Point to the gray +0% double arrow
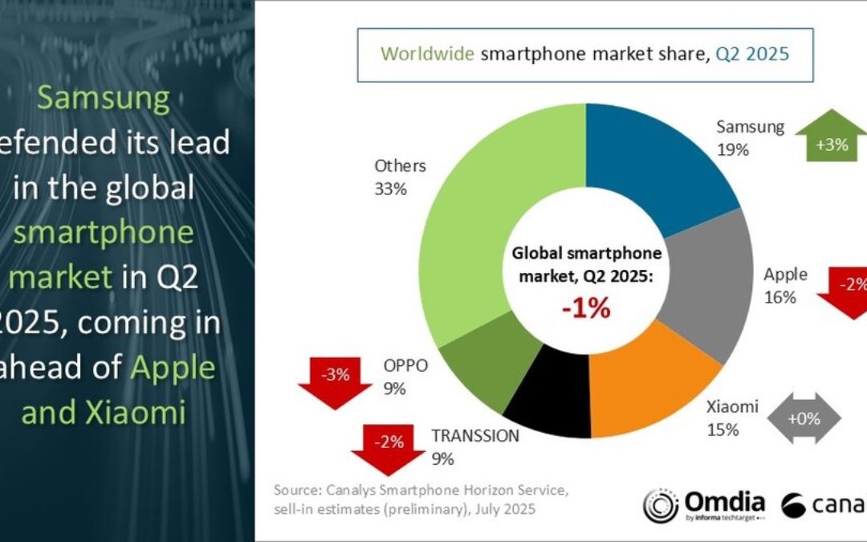click(x=804, y=418)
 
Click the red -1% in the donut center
click(x=587, y=308)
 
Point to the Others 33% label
click(x=400, y=177)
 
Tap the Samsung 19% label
click(x=750, y=138)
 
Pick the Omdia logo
click(x=703, y=505)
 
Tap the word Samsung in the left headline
click(x=104, y=99)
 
